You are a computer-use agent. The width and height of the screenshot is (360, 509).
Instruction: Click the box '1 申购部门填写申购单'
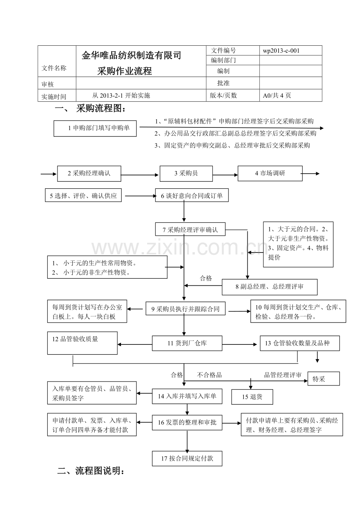coord(95,128)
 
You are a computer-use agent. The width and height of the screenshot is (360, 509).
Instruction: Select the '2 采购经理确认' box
coord(89,174)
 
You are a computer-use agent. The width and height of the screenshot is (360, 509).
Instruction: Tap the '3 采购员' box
coord(186,174)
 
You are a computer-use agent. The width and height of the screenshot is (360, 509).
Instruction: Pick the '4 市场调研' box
coord(270,174)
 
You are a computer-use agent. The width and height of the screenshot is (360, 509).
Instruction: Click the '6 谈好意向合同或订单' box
coord(192,196)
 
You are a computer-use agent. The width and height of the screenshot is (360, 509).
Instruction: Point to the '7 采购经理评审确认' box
coord(191,230)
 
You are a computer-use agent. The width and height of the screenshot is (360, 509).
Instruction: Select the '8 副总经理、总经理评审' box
coord(270,287)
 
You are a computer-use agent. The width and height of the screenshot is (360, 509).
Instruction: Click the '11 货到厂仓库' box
coord(187,343)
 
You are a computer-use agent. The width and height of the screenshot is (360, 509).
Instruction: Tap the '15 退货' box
coord(252,397)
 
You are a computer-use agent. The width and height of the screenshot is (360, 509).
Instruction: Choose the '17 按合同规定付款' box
coord(187,459)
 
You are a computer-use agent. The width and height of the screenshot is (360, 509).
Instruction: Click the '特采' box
coord(323,378)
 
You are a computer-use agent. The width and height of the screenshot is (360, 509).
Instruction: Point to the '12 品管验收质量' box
coord(82,343)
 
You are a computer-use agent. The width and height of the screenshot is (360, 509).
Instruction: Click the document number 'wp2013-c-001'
coord(282,50)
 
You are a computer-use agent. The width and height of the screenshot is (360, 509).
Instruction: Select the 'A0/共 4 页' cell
coord(277,95)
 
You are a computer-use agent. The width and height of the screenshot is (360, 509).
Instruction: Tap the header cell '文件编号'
coord(223,50)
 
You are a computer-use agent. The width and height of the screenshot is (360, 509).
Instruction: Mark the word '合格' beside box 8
coord(206,278)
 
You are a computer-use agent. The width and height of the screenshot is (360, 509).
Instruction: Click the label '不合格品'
coord(209,375)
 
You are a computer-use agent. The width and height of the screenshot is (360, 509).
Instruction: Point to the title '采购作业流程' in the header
coord(124,71)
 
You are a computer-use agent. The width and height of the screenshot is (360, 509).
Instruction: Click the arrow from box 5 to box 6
coord(139,196)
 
